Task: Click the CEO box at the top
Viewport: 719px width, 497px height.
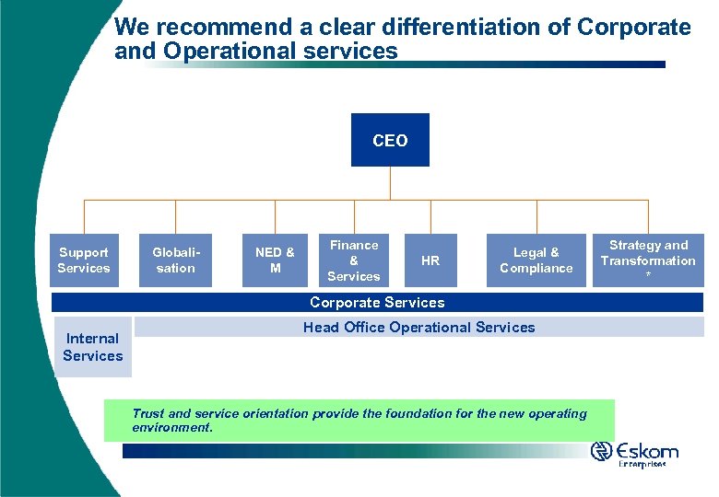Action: point(390,140)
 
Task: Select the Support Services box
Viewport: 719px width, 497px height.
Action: point(84,260)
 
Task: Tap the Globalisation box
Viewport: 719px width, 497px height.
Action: point(175,260)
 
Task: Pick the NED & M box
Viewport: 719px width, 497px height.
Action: point(275,260)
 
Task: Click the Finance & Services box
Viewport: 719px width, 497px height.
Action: point(354,260)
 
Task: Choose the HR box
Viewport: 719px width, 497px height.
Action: point(430,260)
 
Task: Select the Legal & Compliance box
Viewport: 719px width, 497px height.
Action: point(536,260)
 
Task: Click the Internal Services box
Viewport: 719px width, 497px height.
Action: point(93,347)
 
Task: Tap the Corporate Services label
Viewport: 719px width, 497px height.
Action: point(377,303)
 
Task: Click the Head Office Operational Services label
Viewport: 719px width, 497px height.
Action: point(418,328)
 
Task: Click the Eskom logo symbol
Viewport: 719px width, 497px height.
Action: point(602,451)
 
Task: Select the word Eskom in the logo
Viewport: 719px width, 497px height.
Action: point(649,451)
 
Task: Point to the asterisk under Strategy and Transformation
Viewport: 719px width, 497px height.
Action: point(648,276)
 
